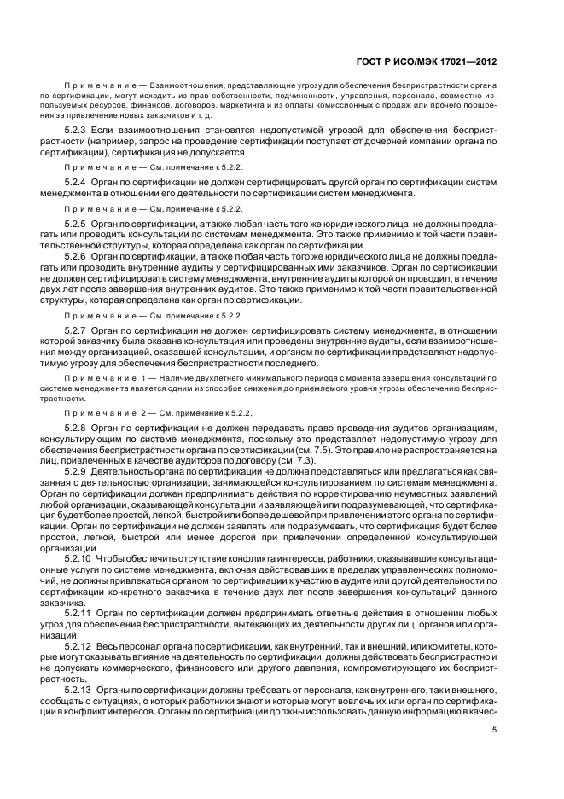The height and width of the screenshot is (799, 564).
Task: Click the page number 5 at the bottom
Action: click(495, 730)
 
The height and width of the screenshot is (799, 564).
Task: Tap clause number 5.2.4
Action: click(77, 184)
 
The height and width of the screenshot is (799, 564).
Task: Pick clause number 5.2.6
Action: click(77, 255)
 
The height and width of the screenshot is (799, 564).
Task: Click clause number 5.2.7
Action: click(77, 329)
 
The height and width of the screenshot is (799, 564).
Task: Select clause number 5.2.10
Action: click(78, 557)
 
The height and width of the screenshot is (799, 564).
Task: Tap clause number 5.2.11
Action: click(78, 613)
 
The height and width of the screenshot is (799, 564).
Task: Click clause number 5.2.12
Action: click(78, 646)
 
